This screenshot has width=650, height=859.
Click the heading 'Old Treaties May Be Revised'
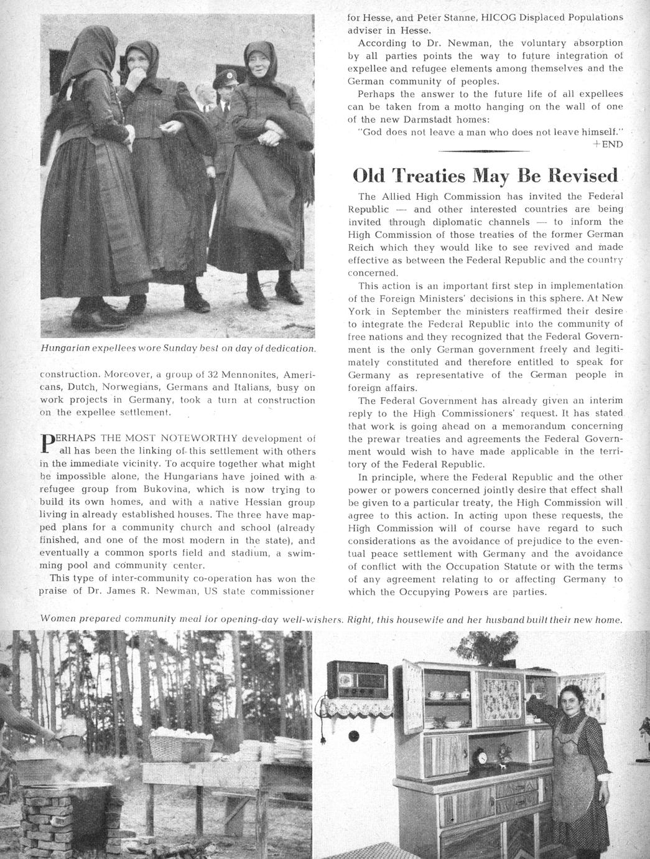[485, 175]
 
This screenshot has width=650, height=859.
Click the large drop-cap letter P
[45, 443]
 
